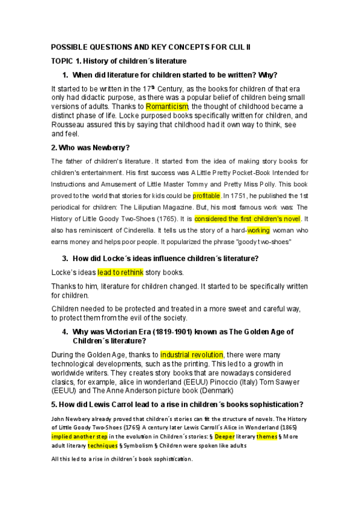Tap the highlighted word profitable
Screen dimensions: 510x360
207,195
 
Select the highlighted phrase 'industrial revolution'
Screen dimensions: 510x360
192,354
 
